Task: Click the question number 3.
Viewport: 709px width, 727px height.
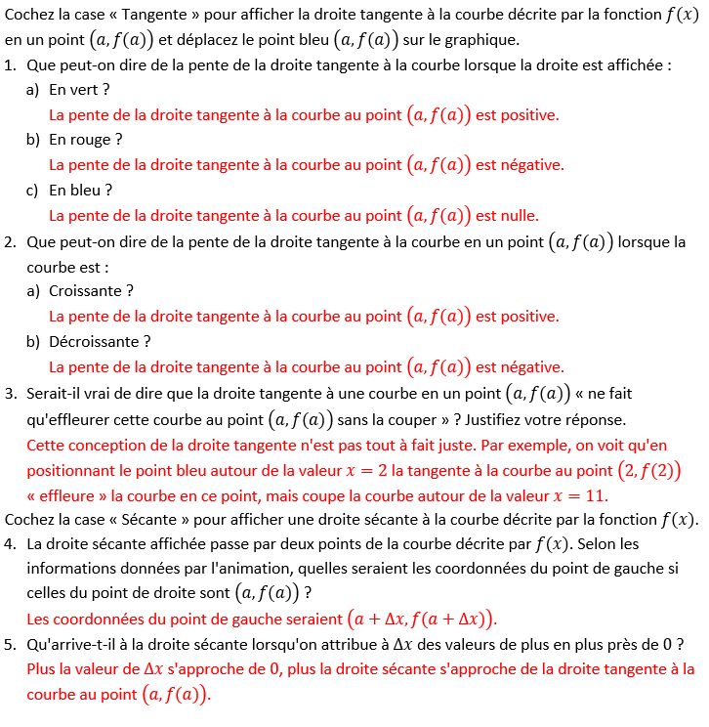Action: click(10, 394)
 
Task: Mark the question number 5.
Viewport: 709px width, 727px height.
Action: click(10, 644)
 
